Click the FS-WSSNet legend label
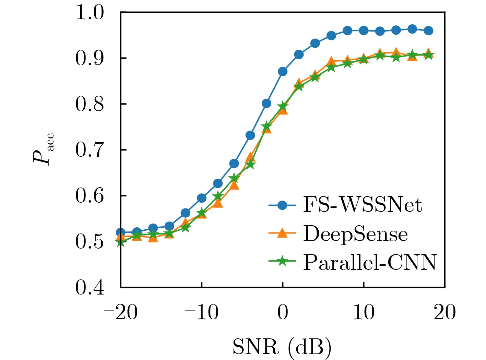point(362,205)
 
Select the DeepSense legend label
point(355,234)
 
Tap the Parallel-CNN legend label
point(370,263)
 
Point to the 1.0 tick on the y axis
point(90,13)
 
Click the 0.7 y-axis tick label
point(90,150)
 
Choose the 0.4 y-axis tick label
point(90,287)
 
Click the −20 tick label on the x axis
point(120,313)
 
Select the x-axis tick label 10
point(364,313)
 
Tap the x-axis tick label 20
point(444,313)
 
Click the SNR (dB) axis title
point(282,347)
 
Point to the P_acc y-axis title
point(43,149)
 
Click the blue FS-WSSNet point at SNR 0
point(283,71)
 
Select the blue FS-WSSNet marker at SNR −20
point(120,232)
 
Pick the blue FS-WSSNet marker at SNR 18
point(428,31)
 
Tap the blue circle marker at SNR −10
point(202,198)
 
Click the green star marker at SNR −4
point(250,165)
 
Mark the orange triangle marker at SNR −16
point(153,237)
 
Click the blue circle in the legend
point(282,205)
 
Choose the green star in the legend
point(282,262)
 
